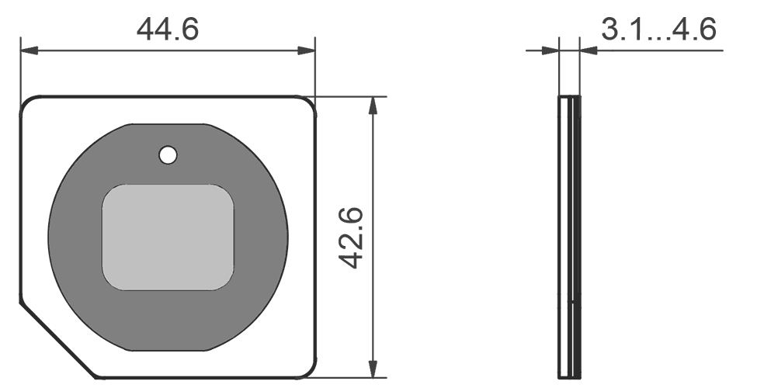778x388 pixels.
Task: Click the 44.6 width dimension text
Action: point(168,29)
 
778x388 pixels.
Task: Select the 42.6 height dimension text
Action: point(354,237)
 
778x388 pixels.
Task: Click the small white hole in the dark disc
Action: point(167,155)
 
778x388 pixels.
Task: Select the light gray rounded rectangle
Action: point(168,237)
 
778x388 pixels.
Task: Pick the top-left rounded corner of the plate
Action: point(27,103)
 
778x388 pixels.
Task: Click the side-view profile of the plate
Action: point(570,237)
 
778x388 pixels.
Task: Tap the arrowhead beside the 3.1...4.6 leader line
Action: point(589,51)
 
